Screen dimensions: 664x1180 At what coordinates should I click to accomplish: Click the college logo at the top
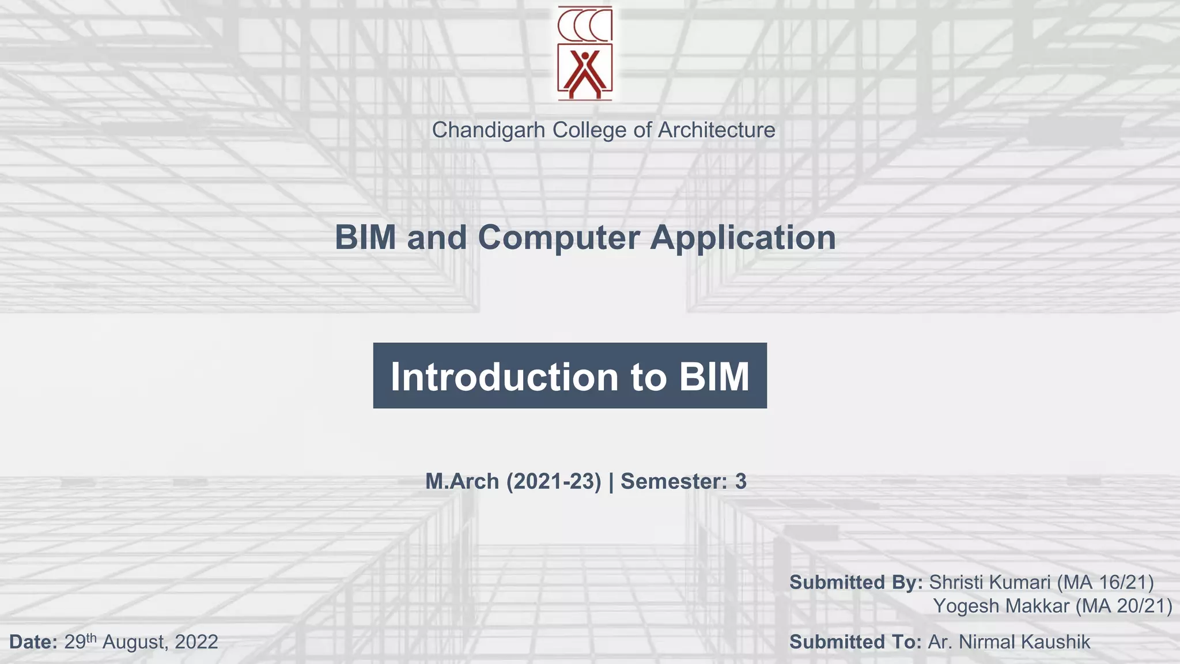(x=585, y=53)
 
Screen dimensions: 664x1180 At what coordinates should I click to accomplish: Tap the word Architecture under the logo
(x=716, y=130)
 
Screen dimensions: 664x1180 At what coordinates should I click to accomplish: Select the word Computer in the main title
(x=558, y=237)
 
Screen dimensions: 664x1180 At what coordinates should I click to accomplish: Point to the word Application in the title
(x=743, y=237)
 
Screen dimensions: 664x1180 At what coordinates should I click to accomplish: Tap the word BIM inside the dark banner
(x=714, y=377)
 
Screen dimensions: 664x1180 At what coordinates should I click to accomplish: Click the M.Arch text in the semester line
(x=462, y=481)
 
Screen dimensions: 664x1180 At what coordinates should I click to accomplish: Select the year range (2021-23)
(x=554, y=481)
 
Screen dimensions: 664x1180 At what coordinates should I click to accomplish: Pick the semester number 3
(x=740, y=481)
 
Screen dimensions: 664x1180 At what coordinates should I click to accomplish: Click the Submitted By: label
(x=856, y=583)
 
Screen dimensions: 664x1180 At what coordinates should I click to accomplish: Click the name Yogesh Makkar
(x=1001, y=606)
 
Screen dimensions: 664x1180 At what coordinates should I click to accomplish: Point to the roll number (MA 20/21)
(x=1124, y=606)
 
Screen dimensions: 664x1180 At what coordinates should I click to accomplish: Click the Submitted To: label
(x=856, y=642)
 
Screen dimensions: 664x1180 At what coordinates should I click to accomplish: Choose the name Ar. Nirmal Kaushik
(x=1009, y=642)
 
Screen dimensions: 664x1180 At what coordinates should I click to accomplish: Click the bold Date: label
(x=33, y=642)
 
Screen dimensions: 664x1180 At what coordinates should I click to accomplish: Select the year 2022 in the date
(x=196, y=642)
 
